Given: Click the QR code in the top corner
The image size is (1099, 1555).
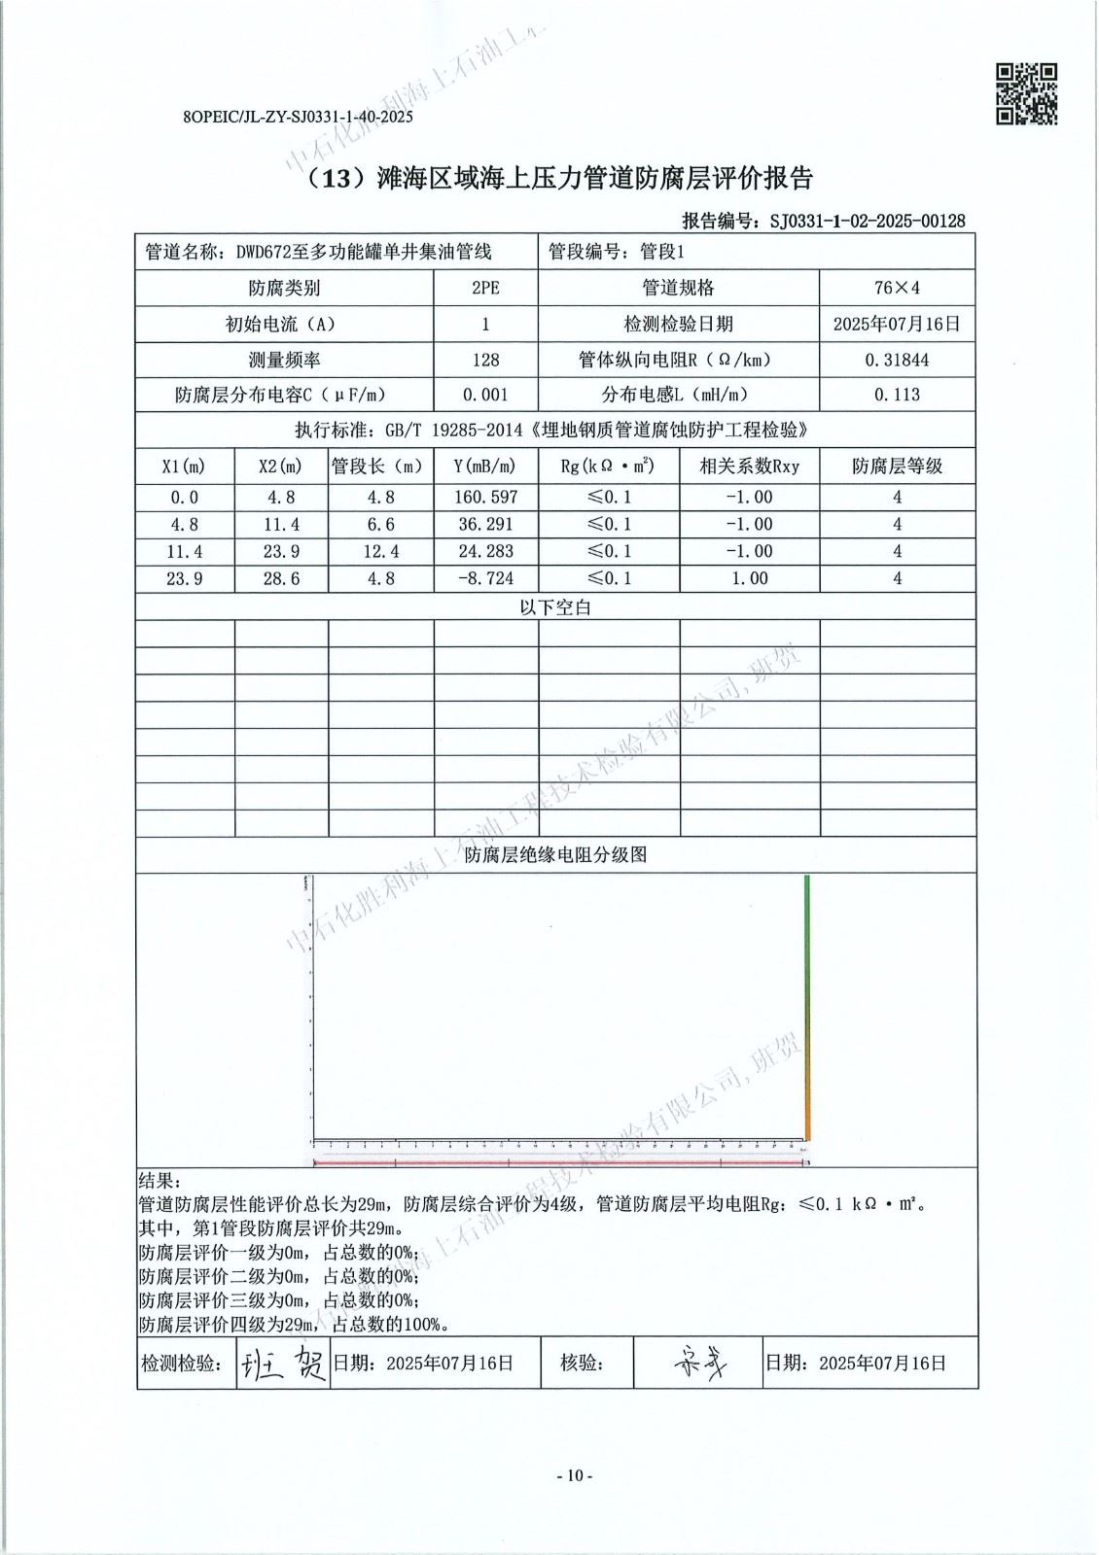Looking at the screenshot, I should [1026, 93].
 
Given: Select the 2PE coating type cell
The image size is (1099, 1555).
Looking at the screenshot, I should [485, 288].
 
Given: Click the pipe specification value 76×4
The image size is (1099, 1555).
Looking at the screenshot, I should [897, 288].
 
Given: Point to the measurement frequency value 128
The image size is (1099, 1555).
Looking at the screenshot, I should [485, 360].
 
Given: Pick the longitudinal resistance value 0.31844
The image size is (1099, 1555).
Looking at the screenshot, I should [897, 360].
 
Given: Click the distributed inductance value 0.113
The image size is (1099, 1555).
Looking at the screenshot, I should [897, 395].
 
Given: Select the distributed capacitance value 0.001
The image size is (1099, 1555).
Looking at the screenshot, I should [485, 395].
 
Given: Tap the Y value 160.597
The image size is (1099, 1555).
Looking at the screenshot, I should [485, 497].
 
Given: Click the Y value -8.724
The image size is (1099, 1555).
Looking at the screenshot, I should [485, 578].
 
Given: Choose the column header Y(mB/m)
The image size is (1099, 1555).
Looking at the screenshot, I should [485, 466].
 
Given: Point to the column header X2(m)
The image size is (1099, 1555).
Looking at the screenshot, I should [280, 466].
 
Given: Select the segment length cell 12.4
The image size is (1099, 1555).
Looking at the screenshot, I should [379, 551].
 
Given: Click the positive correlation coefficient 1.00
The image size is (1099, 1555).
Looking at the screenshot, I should [749, 578].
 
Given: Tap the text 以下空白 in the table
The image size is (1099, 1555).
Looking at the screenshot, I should [555, 607].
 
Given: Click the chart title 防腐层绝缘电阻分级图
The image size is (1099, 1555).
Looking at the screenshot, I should [555, 855].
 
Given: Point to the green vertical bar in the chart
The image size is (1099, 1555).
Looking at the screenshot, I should [806, 1001].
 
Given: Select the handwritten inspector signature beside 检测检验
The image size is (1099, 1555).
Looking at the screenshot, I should [283, 1364].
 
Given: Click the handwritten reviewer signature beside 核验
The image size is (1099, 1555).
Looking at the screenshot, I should [698, 1364].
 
